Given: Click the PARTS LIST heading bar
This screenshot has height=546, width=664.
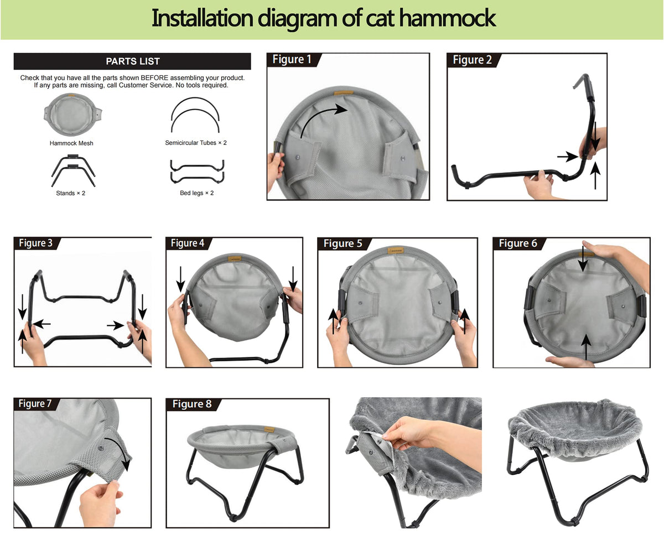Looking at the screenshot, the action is tap(132, 61).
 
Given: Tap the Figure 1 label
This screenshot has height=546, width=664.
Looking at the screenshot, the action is tap(292, 60).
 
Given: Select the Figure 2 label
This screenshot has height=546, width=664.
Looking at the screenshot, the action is tap(472, 60).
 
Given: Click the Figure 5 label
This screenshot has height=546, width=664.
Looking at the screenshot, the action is tap(343, 243).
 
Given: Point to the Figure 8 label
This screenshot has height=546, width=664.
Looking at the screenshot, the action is tap(192, 404).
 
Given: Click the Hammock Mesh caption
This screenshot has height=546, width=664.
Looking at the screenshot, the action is tap(71, 143).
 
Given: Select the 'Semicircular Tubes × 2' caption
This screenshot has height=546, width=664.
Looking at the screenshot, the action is tap(196, 143).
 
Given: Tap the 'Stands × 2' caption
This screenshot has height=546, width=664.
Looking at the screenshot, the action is tap(70, 193).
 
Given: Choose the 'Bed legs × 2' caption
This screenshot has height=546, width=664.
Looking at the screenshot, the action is tap(197, 193).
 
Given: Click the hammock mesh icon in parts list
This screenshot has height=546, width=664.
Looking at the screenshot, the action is tap(72, 114).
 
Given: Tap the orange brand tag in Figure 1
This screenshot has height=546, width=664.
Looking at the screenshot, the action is tap(344, 93).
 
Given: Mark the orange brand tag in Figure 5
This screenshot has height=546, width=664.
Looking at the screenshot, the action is tap(396, 251).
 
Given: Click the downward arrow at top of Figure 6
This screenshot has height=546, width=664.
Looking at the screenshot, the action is tap(583, 258).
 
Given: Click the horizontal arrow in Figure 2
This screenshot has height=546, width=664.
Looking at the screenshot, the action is tap(568, 156).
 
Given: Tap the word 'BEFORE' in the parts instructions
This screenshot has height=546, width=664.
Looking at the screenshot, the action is tap(154, 78).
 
